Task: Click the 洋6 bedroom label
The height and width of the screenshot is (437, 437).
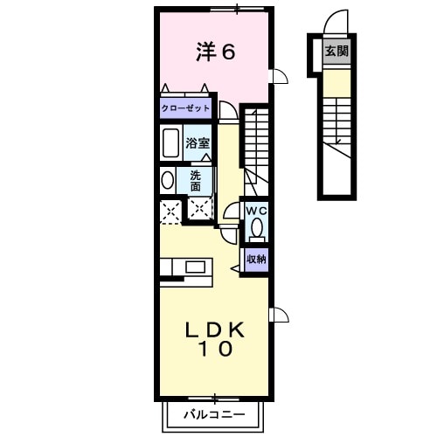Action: pos(214,52)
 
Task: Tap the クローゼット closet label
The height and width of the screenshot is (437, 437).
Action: pos(185,109)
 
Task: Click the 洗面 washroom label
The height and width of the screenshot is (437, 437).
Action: pos(196,180)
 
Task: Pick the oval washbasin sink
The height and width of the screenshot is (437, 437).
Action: pos(168,180)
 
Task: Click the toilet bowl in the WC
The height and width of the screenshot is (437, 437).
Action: pos(256,229)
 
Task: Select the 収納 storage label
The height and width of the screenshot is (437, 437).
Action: pos(255,259)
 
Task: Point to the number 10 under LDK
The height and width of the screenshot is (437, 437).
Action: pos(213,350)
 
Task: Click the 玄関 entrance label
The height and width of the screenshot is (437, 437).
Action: pos(336,52)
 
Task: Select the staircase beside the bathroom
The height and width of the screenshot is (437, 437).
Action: pos(254,144)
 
